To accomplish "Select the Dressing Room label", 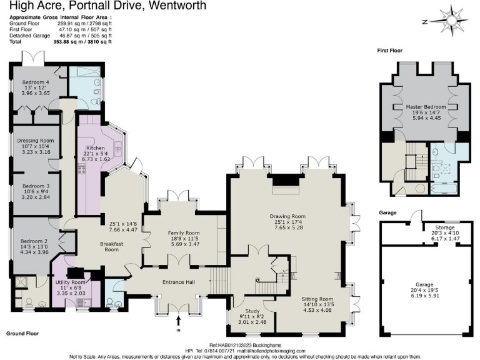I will [36, 141].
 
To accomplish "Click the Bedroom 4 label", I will [36, 82].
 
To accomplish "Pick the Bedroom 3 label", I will [36, 186].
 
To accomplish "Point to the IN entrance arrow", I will [178, 323].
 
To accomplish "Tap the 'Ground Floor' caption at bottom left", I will [24, 334].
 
